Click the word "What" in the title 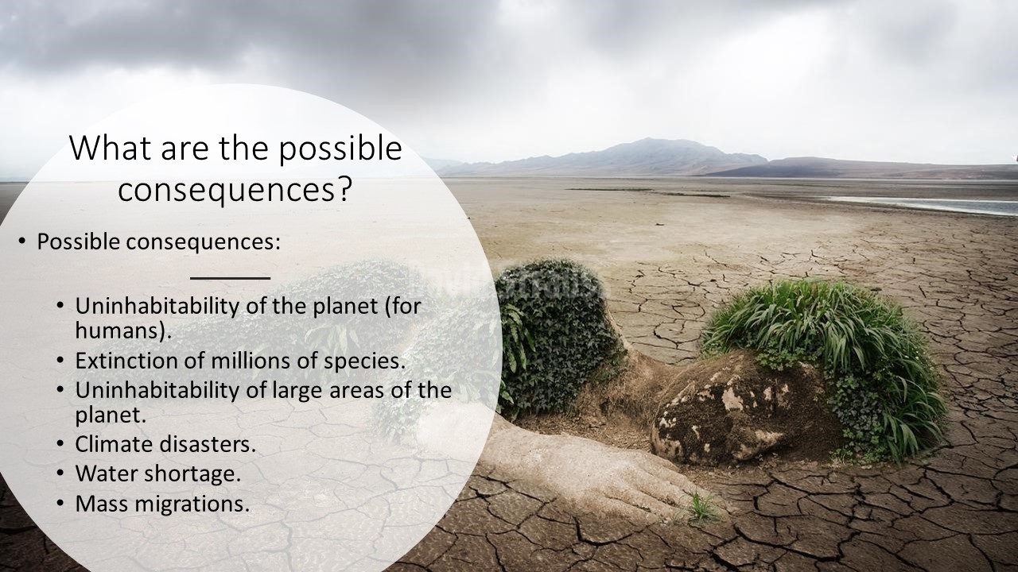pos(111,148)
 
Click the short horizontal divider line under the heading pos(231,278)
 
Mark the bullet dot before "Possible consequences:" pos(21,241)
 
